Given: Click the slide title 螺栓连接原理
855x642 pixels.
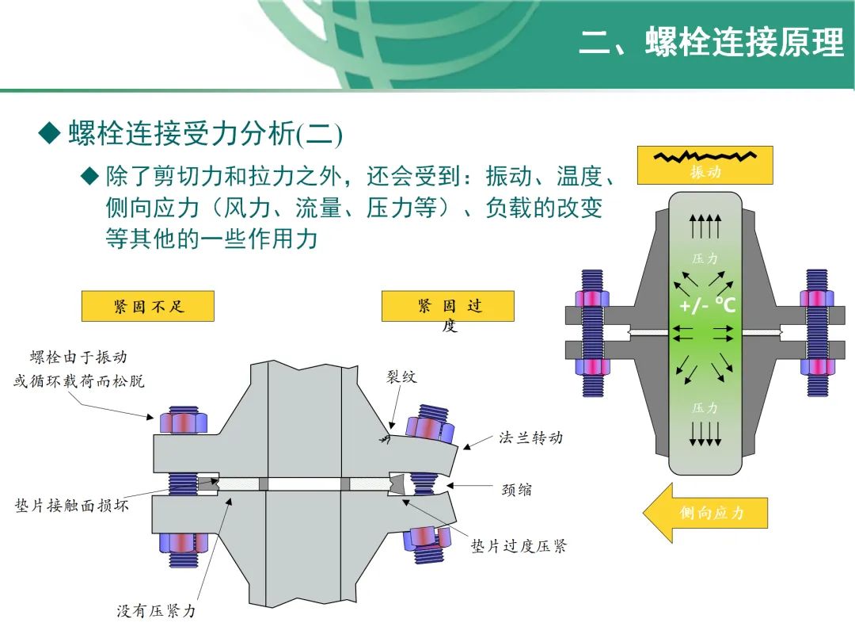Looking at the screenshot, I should (x=712, y=43).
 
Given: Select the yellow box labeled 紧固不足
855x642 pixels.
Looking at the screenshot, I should (x=148, y=306).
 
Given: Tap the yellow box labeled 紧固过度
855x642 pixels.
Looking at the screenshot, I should (x=448, y=307).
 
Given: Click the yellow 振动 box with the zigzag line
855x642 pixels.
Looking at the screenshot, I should (x=705, y=165).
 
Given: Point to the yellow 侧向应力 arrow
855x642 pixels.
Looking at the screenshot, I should (x=705, y=513).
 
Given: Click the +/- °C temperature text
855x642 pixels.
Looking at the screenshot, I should (x=707, y=305).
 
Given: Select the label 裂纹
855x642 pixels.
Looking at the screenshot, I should (x=401, y=377).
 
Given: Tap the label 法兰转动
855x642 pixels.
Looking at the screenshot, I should (x=530, y=437).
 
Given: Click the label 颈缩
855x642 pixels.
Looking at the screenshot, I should (x=517, y=489).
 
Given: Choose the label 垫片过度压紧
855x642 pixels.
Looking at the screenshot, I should (x=519, y=546).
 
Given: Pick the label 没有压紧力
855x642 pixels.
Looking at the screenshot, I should (x=156, y=611).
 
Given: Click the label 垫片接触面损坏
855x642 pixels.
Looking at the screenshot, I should (x=72, y=505).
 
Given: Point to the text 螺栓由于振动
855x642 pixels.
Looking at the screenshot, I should (x=78, y=358).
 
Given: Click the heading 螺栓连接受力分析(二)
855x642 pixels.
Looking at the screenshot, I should (x=205, y=135).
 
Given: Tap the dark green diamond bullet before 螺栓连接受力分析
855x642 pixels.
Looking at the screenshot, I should (x=50, y=133).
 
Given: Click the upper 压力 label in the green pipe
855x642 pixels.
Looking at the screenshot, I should (x=705, y=258).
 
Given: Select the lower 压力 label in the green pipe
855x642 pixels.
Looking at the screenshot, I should (x=705, y=408).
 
